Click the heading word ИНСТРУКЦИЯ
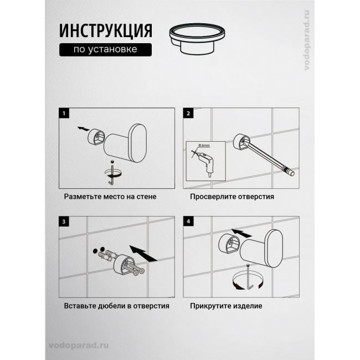point(106,30)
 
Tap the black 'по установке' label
point(105,50)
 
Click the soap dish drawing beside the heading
point(197,39)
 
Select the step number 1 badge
point(64,113)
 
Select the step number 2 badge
point(188,113)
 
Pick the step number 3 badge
point(64,222)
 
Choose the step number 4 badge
point(188,222)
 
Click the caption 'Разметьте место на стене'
point(110,197)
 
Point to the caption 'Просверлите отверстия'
point(232,197)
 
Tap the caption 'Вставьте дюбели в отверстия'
point(117,306)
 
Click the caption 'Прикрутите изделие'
point(226,306)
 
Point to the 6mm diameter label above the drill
point(204,145)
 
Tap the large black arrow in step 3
point(143,253)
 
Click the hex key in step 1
point(112,172)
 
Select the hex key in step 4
point(250,277)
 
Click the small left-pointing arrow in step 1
point(83,128)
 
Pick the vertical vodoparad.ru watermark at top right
point(307,40)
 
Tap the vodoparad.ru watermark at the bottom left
point(79,346)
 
